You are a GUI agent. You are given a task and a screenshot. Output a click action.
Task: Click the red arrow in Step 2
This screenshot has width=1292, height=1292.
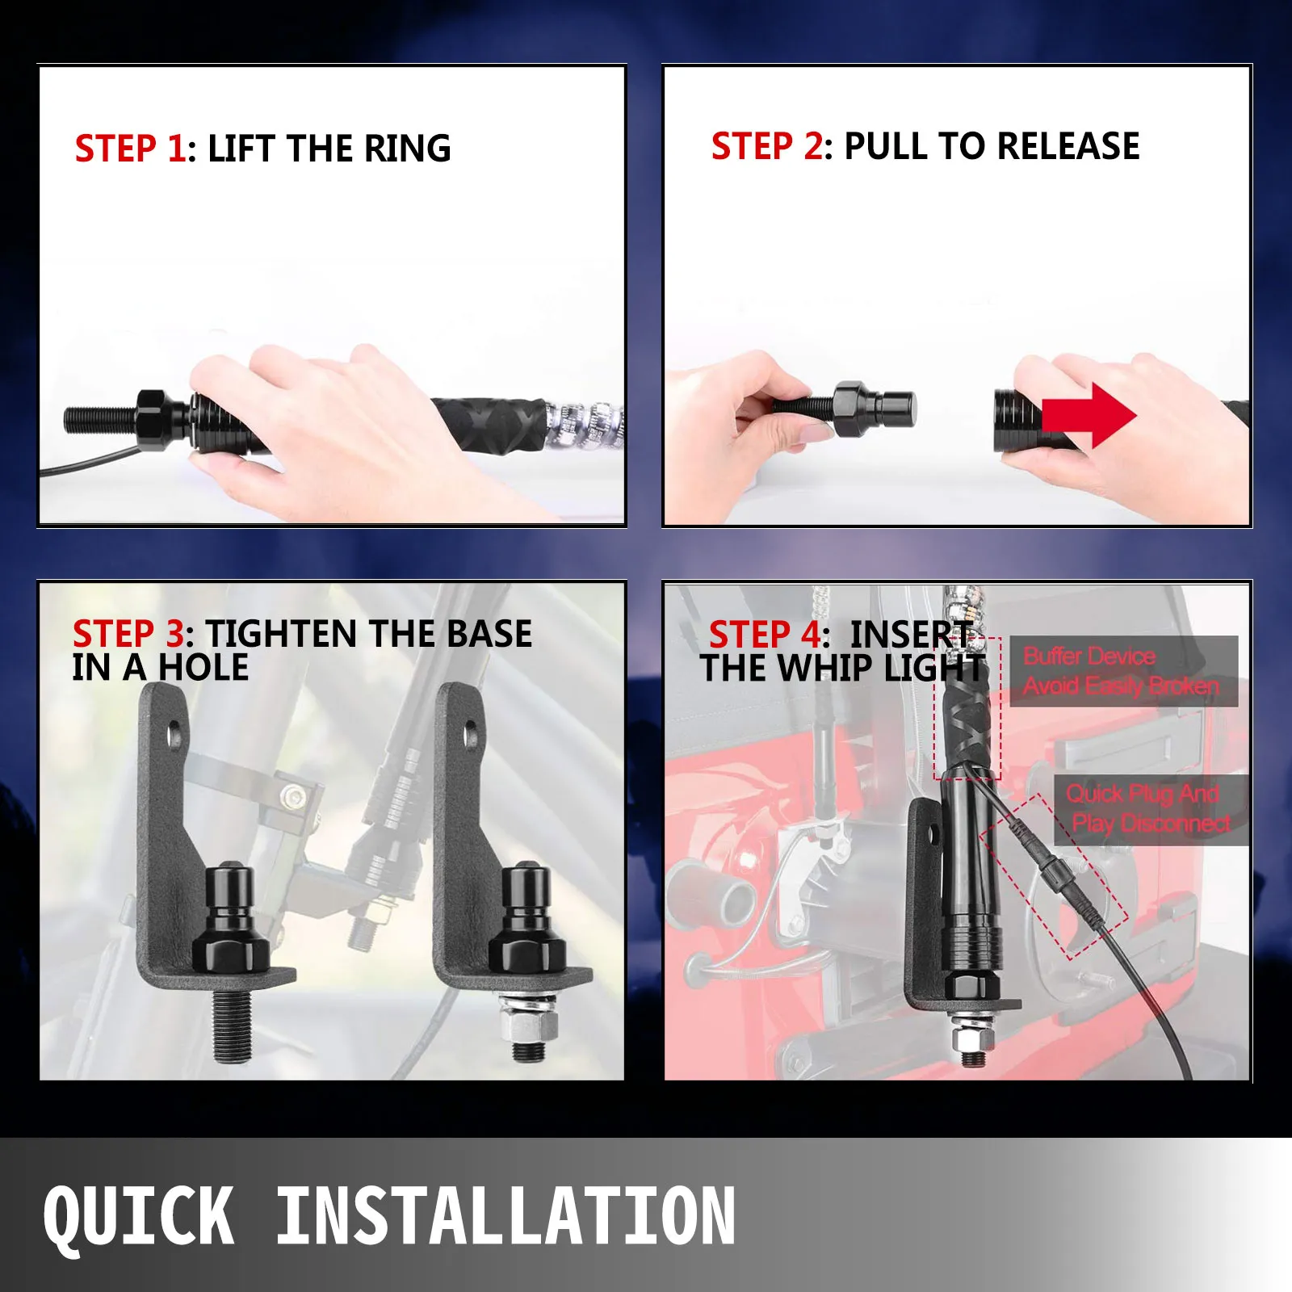pos(1089,416)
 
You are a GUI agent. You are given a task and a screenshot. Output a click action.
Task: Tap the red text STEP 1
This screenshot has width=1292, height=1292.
pos(130,149)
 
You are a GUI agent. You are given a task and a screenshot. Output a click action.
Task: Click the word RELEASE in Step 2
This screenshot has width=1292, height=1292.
pos(1068,146)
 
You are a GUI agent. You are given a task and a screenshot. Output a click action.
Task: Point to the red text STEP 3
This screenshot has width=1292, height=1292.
pos(128,634)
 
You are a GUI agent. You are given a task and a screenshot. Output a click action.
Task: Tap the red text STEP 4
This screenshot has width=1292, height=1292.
pos(765,635)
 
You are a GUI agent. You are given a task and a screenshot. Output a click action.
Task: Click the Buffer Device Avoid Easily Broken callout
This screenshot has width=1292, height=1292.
pos(1123,671)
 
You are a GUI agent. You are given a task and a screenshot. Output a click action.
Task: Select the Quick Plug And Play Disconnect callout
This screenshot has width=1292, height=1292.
pos(1150,810)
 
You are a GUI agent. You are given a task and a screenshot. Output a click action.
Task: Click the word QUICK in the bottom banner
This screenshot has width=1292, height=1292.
pos(139,1216)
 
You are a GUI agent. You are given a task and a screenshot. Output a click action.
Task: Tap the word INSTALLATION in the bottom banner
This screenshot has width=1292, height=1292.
pos(505,1214)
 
